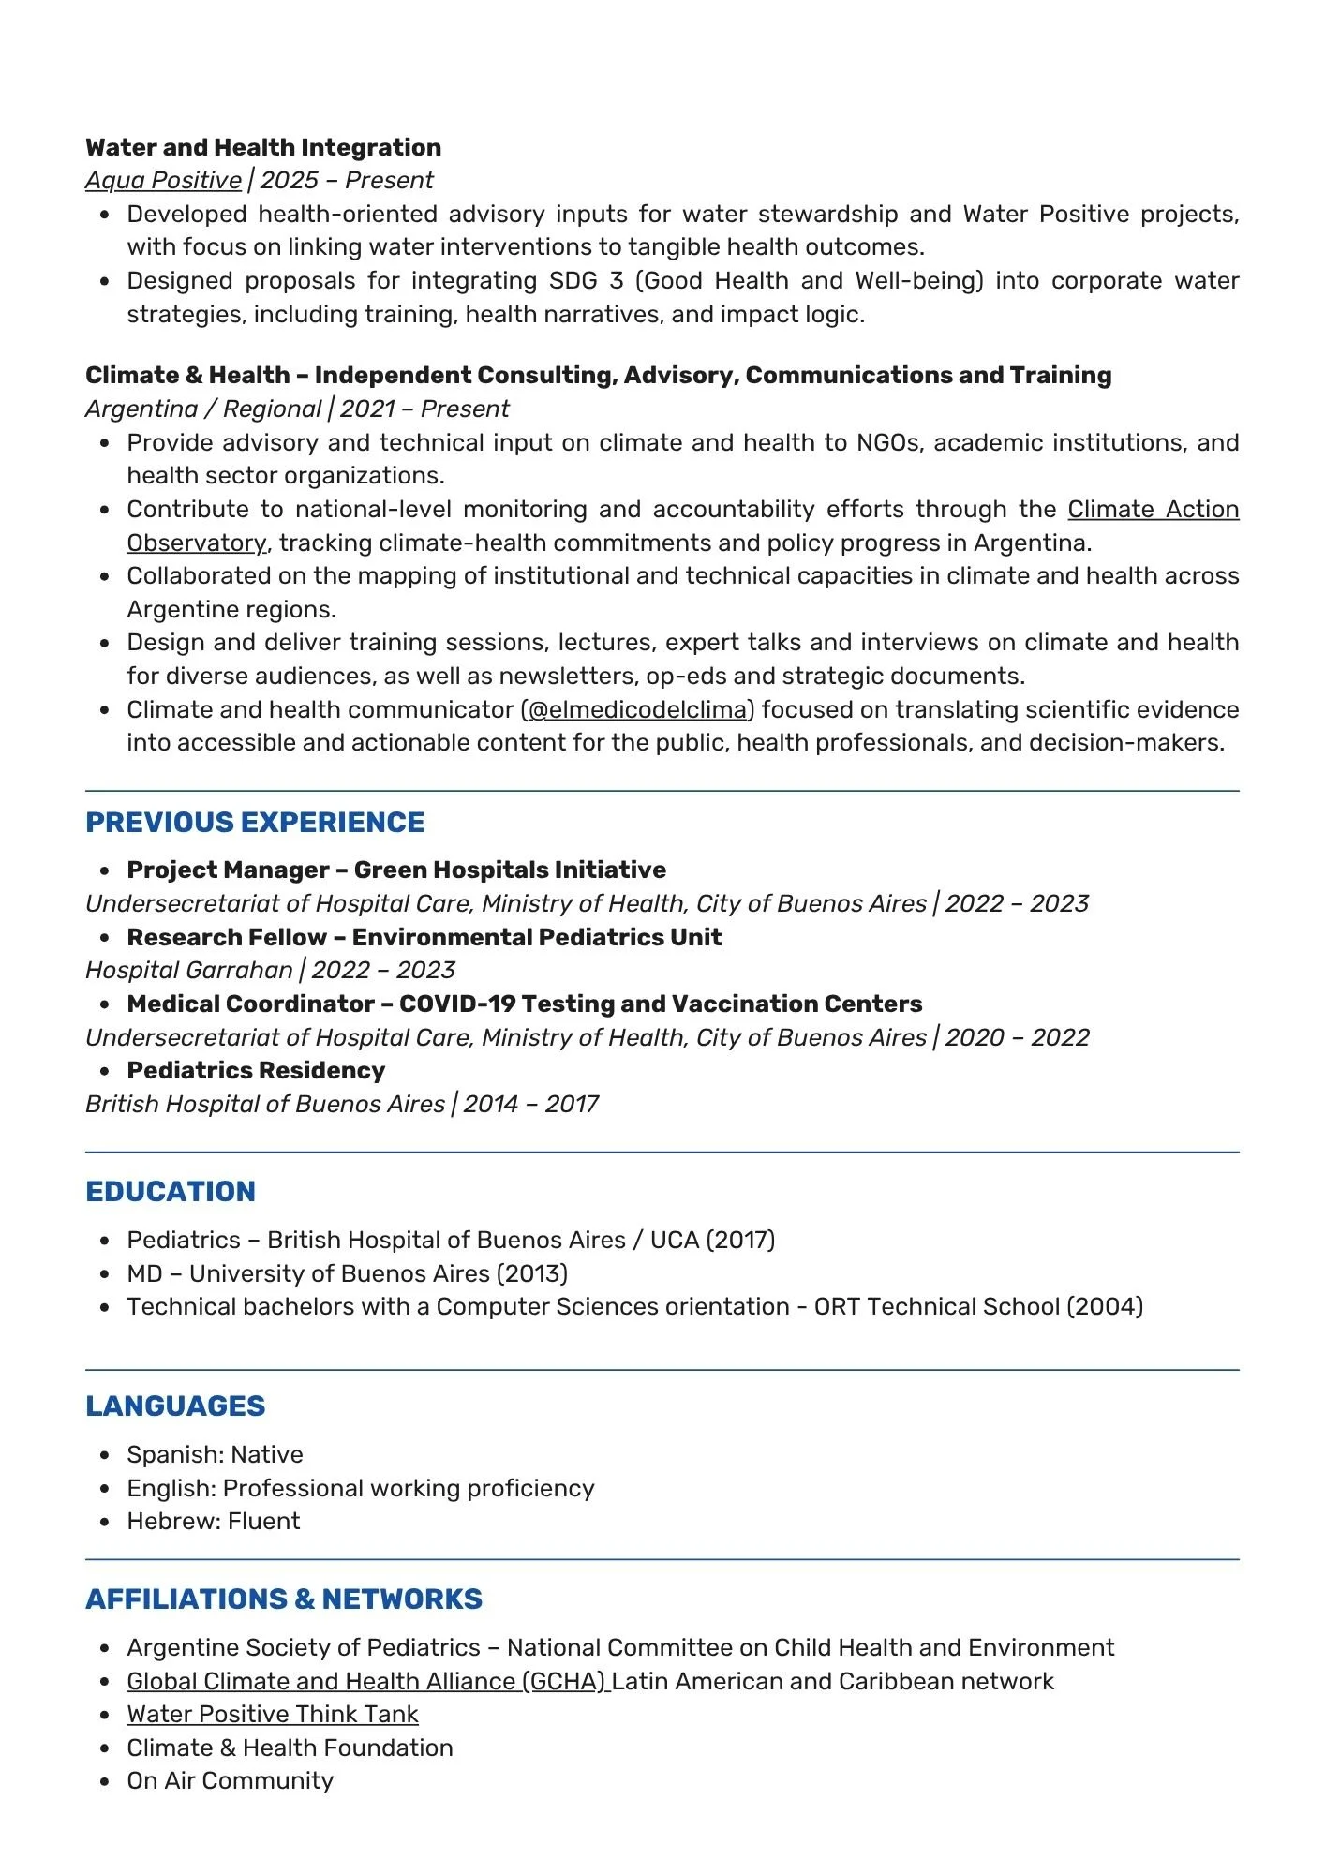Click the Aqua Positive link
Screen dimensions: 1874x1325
[x=163, y=180]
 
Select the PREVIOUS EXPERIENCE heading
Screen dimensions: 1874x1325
[x=255, y=822]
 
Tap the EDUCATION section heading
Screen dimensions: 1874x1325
[x=171, y=1191]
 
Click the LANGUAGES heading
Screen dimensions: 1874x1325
[x=175, y=1405]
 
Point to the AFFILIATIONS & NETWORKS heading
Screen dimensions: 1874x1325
[x=284, y=1599]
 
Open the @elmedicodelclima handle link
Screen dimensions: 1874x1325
[x=637, y=709]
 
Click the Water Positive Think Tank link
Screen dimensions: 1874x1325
[x=273, y=1714]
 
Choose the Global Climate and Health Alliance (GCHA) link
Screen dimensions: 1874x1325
[x=368, y=1681]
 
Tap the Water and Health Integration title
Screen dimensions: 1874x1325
[x=263, y=147]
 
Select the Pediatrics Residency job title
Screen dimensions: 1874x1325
[x=256, y=1070]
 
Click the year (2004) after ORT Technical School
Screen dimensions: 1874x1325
[x=1105, y=1306]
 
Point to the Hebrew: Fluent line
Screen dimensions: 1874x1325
[x=214, y=1521]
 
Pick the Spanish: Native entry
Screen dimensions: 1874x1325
[x=216, y=1454]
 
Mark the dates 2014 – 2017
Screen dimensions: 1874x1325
[x=530, y=1104]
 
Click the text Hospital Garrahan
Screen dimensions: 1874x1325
[x=188, y=970]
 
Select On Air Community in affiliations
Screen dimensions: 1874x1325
[x=231, y=1780]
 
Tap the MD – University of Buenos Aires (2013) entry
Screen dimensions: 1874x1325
[x=348, y=1273]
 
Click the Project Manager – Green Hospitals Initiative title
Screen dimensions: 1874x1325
[x=396, y=870]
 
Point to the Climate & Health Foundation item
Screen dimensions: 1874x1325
[x=290, y=1748]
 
